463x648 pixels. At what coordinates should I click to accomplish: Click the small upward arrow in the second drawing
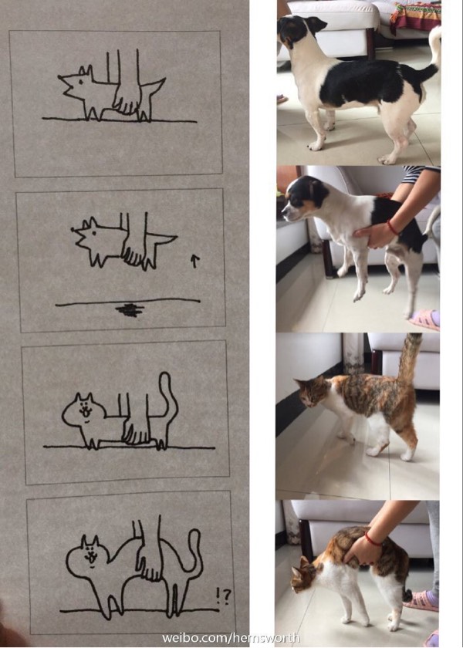pyautogui.click(x=194, y=262)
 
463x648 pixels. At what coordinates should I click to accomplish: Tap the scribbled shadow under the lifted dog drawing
pyautogui.click(x=130, y=310)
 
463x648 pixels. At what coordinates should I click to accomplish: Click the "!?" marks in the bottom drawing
pyautogui.click(x=223, y=596)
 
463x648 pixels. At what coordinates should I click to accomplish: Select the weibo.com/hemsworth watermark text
pyautogui.click(x=230, y=638)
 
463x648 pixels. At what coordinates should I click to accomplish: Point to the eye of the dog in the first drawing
pyautogui.click(x=80, y=81)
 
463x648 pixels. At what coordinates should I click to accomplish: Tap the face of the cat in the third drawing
pyautogui.click(x=86, y=412)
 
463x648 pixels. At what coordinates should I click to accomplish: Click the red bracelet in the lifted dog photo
pyautogui.click(x=392, y=228)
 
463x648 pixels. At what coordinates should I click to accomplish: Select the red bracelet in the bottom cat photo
pyautogui.click(x=373, y=540)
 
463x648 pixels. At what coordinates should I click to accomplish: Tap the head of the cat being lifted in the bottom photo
pyautogui.click(x=305, y=575)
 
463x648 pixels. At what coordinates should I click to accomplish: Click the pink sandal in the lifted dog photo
pyautogui.click(x=425, y=320)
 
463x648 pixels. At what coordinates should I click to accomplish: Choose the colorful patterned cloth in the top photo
pyautogui.click(x=415, y=15)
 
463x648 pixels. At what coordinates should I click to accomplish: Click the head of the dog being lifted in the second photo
pyautogui.click(x=305, y=198)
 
